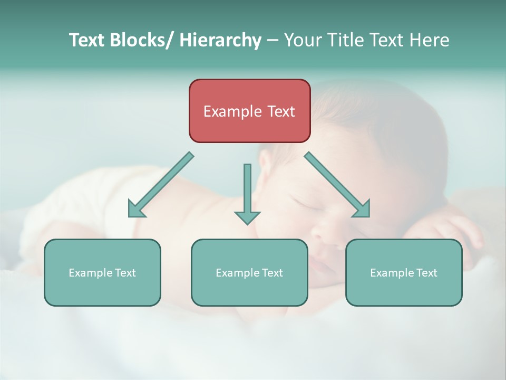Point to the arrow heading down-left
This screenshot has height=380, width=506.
pos(161,185)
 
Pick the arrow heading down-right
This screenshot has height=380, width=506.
pos(337,185)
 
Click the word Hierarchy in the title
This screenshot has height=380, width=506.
pos(220,40)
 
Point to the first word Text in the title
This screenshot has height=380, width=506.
pos(87,40)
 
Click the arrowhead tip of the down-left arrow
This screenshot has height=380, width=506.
pos(130,216)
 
